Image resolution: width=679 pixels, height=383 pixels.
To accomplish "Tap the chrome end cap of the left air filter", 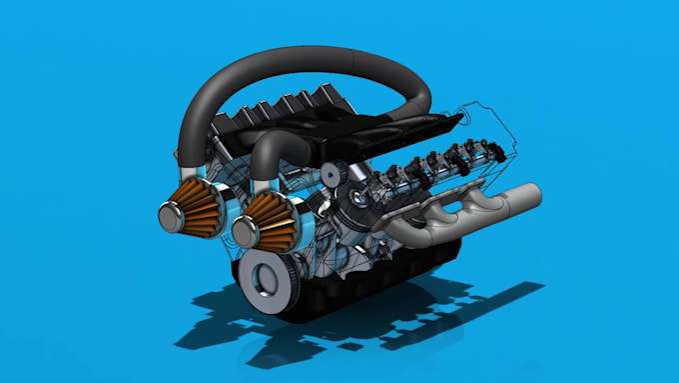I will (x=168, y=213).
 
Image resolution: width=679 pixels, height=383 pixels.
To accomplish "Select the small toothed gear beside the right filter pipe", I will (x=333, y=174).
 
